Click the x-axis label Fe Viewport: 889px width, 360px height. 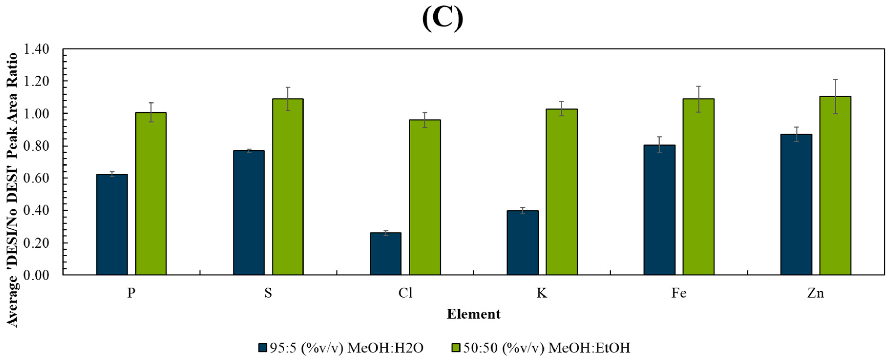click(x=679, y=293)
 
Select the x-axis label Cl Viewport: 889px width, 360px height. click(x=405, y=293)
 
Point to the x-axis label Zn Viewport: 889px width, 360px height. click(x=815, y=293)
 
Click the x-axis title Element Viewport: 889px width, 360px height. click(x=474, y=314)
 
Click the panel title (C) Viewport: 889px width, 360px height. click(x=443, y=19)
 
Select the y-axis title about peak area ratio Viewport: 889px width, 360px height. click(x=13, y=190)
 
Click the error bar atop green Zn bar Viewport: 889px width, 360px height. click(x=835, y=96)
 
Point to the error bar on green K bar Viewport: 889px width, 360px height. click(x=561, y=109)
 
